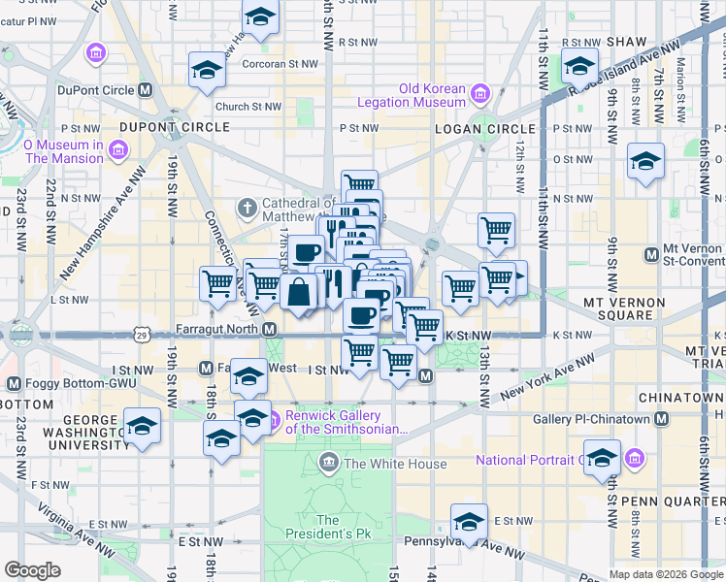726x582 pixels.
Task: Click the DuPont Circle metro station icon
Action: [x=146, y=90]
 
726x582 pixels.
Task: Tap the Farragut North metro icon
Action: [x=270, y=330]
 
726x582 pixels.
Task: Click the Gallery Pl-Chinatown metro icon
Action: [x=661, y=418]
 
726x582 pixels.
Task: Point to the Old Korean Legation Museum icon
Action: [x=479, y=93]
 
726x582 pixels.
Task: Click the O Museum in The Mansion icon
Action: [x=118, y=151]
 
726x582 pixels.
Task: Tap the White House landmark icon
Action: [x=329, y=463]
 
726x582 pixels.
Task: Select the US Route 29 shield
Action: [x=142, y=336]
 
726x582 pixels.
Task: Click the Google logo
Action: [x=33, y=570]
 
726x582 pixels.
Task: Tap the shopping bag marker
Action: [x=300, y=290]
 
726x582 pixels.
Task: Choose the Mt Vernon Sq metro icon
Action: [x=652, y=254]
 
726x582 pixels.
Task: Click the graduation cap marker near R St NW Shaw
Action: [x=579, y=67]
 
